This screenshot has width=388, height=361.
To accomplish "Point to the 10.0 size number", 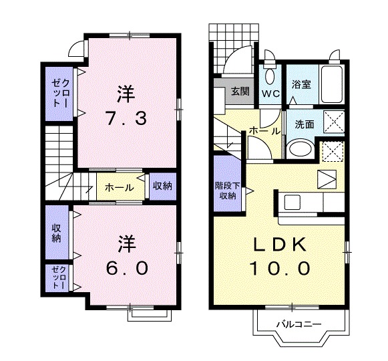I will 280,269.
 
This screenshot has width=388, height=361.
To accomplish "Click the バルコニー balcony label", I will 299,324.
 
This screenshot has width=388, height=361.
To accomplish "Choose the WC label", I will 270,94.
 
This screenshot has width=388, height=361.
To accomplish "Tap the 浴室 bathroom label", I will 301,85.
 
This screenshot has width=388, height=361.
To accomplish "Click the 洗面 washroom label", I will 305,124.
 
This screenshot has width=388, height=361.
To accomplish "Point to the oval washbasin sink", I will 299,149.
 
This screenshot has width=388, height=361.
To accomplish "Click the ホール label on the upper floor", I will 119,187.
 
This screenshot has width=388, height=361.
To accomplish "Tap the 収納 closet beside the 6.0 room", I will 57,232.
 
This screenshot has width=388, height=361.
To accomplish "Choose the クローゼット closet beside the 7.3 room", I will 57,93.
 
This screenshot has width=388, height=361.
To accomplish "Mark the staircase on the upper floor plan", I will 59,160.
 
